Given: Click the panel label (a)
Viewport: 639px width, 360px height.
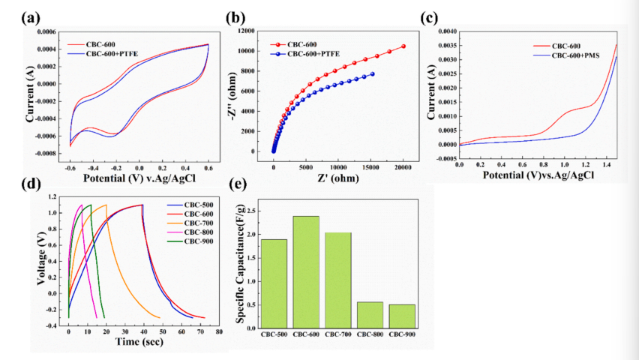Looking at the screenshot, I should point(31,17).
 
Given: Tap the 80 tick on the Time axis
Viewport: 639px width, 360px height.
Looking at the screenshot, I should point(219,331).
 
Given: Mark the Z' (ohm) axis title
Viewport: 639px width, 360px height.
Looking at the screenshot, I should point(336,178).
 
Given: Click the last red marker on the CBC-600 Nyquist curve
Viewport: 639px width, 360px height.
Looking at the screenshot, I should point(403,46).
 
